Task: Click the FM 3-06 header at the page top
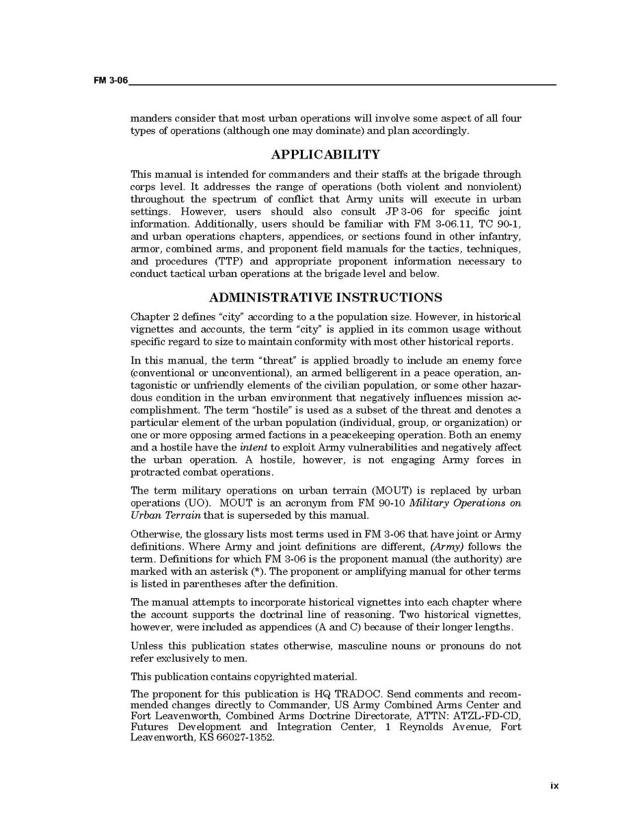pyautogui.click(x=111, y=81)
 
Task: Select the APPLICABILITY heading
pyautogui.click(x=325, y=155)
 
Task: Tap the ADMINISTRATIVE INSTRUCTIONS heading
pyautogui.click(x=325, y=297)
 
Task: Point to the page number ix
pyautogui.click(x=554, y=786)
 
